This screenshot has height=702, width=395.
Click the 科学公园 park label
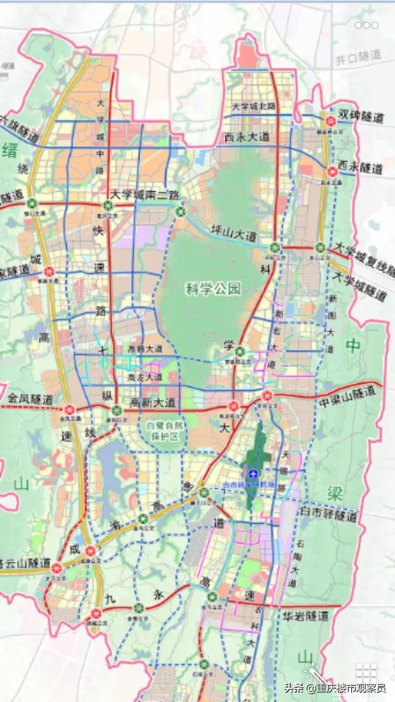[213, 288]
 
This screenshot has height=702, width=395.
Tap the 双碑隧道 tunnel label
[360, 116]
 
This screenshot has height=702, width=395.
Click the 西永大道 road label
[247, 137]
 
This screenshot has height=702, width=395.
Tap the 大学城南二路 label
[145, 194]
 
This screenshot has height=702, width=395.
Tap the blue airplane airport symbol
[253, 473]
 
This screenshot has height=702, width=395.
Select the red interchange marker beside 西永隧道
[332, 172]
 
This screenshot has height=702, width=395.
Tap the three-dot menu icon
[366, 25]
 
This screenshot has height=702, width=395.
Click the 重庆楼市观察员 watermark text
[351, 688]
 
